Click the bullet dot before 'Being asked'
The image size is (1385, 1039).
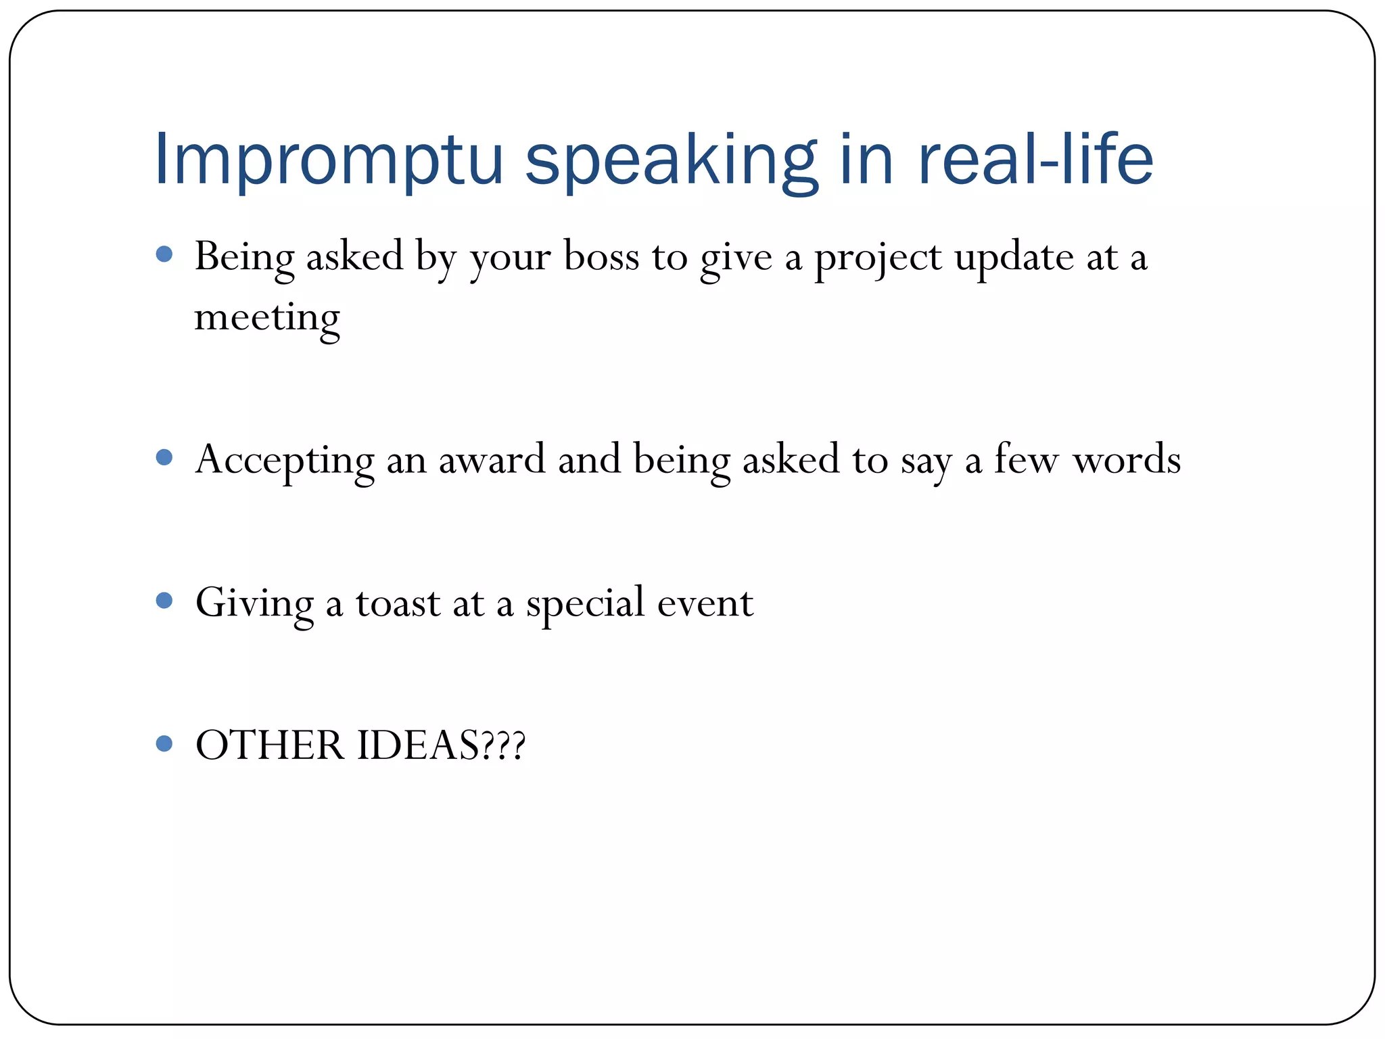[x=164, y=254]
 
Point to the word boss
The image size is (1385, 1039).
[x=601, y=257]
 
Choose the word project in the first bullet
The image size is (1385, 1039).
[x=877, y=258]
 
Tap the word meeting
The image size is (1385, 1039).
[x=267, y=318]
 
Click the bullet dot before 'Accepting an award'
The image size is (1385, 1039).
[x=164, y=457]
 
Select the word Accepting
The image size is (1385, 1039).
[x=285, y=460]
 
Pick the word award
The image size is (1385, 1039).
[x=492, y=460]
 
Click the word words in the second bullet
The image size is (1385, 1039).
[x=1127, y=460]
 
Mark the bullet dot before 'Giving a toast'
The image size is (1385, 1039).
[x=164, y=600]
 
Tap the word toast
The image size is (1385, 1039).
[x=398, y=603]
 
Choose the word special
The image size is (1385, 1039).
[x=586, y=603]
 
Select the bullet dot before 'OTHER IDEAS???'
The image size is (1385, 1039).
[x=164, y=743]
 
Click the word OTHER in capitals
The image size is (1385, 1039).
[x=270, y=745]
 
